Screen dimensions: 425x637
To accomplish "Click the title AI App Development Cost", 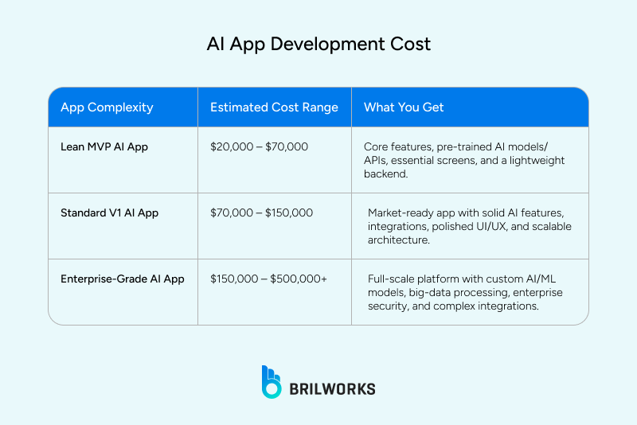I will (x=318, y=44).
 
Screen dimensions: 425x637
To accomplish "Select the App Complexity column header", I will (x=107, y=107).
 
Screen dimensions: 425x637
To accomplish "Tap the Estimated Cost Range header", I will (x=274, y=107).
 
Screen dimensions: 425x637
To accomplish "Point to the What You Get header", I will (x=404, y=107).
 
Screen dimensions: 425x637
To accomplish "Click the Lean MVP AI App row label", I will (x=104, y=146).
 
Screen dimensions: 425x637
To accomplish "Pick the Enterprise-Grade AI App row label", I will (x=123, y=279).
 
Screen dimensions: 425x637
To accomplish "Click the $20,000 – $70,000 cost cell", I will (x=259, y=146).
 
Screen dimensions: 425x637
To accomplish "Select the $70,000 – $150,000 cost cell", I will (x=261, y=212).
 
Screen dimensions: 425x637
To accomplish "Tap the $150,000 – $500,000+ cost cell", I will (x=268, y=279).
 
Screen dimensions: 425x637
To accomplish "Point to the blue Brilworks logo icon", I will (x=272, y=381).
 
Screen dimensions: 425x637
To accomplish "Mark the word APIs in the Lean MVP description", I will (x=377, y=161).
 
